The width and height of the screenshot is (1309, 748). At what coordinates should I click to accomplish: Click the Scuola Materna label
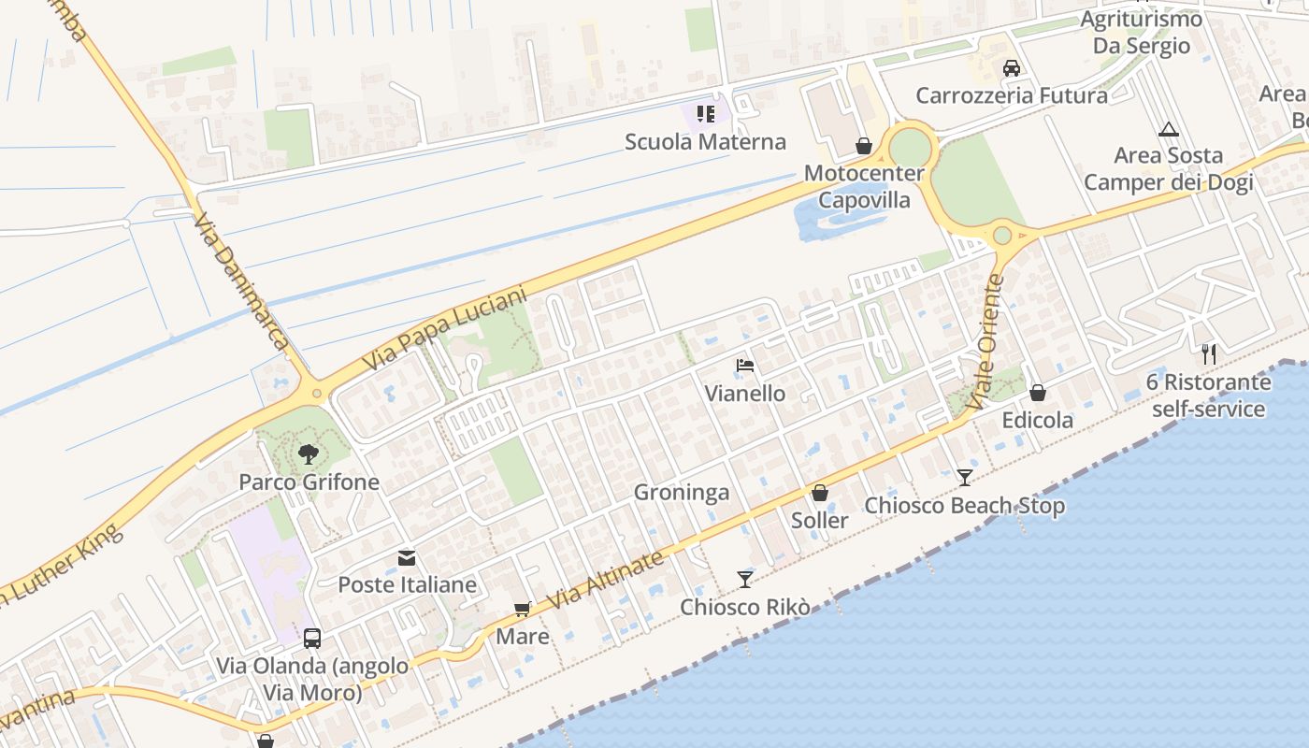[x=705, y=142]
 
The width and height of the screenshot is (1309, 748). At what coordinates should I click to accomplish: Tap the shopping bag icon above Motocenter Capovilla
[x=864, y=146]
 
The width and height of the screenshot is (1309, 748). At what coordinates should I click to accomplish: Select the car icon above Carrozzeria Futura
[x=1011, y=67]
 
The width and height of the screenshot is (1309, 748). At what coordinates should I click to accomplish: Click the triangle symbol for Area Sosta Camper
[x=1168, y=129]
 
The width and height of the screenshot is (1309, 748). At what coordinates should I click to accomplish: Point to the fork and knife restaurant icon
[x=1208, y=353]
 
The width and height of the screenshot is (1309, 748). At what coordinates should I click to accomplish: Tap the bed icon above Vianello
[x=744, y=366]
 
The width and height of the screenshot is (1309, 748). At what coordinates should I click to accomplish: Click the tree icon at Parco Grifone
[x=308, y=455]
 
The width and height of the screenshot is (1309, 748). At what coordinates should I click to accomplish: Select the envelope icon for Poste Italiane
[x=407, y=558]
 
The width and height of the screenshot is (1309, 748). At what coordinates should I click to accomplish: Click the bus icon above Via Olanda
[x=312, y=639]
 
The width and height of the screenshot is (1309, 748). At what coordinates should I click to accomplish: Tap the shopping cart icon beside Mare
[x=522, y=610]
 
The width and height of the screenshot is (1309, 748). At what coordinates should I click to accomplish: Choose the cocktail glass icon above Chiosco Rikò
[x=744, y=580]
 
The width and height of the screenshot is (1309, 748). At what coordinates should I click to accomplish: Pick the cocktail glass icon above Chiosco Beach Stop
[x=964, y=478]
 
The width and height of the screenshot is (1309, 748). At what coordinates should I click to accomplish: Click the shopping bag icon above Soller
[x=820, y=493]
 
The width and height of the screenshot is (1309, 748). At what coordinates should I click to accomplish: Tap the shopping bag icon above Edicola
[x=1037, y=393]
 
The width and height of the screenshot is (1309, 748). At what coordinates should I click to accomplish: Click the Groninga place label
[x=682, y=493]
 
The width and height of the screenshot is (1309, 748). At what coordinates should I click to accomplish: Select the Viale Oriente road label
[x=987, y=340]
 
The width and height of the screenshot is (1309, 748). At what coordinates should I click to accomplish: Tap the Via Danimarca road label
[x=240, y=280]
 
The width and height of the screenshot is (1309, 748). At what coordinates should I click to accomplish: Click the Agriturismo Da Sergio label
[x=1141, y=32]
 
